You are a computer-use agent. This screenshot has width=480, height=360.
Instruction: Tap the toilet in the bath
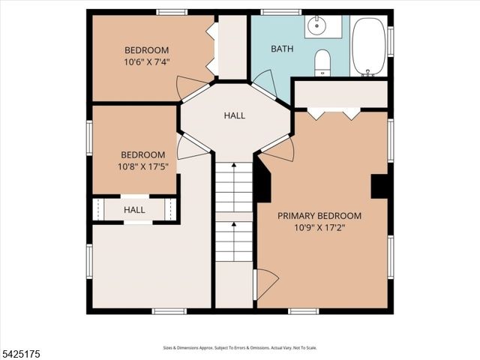point(322,63)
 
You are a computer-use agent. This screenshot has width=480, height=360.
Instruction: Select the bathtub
point(368,46)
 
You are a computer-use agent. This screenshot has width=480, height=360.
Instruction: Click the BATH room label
point(282,49)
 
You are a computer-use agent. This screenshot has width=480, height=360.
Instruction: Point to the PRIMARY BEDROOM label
point(319,216)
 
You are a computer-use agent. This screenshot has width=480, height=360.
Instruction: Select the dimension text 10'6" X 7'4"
point(147,61)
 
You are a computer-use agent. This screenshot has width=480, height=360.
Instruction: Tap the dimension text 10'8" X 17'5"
point(143,166)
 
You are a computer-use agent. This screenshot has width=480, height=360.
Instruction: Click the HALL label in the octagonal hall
point(235,115)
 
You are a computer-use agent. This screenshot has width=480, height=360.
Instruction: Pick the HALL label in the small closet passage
point(134,210)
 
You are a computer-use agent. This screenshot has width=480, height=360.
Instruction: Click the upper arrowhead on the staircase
point(234,165)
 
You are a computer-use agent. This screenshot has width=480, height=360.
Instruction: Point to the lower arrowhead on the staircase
point(234,224)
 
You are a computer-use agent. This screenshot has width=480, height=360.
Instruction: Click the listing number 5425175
point(20,354)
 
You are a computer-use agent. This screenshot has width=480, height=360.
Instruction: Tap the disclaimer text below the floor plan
point(240,348)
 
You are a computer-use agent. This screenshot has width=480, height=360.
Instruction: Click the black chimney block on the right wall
point(379,186)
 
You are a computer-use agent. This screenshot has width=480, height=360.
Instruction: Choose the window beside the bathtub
point(391,41)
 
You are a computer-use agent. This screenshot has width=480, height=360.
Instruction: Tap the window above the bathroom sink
point(280,12)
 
